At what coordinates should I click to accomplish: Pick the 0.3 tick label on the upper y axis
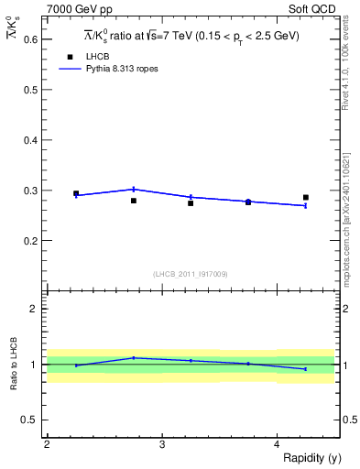[31, 191]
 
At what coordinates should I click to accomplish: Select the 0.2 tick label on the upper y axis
[31, 241]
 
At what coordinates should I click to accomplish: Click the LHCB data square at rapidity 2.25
[76, 193]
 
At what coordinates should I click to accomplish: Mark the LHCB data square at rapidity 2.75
[134, 201]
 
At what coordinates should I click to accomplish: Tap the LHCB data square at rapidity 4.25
[306, 197]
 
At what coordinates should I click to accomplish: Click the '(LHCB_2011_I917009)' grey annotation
[191, 274]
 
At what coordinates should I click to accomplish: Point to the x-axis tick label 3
[162, 443]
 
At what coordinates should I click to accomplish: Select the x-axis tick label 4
[277, 443]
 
